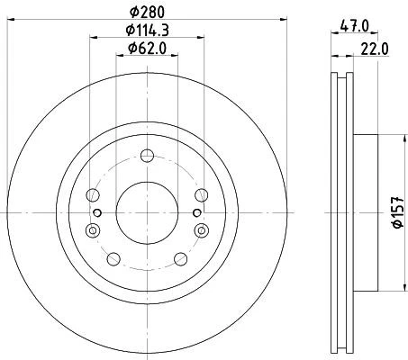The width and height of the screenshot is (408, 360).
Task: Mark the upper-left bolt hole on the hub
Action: click(91, 194)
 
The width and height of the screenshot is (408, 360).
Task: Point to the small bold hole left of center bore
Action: click(96, 212)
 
